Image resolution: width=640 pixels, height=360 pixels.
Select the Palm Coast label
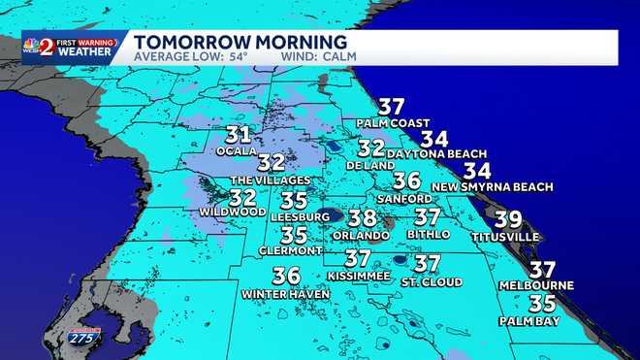tap(391, 123)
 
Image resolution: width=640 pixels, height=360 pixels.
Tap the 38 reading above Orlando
tap(362, 218)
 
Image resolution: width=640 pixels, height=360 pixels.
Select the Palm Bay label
tap(529, 319)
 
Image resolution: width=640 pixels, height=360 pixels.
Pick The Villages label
tap(270, 180)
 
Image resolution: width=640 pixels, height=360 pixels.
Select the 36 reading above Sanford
tap(406, 180)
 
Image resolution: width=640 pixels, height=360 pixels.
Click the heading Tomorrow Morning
tap(240, 43)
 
